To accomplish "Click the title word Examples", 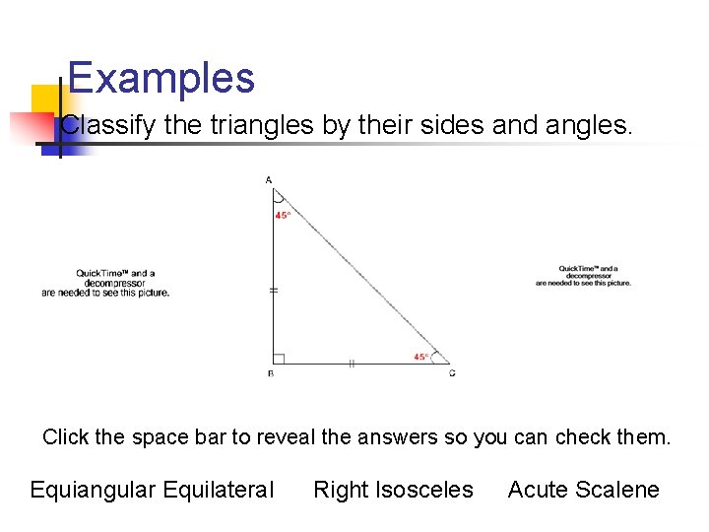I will pyautogui.click(x=161, y=79).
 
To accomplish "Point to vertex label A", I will pyautogui.click(x=269, y=180).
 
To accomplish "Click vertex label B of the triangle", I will pyautogui.click(x=271, y=374).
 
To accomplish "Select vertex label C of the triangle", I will pyautogui.click(x=452, y=374).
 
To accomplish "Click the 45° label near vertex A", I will pyautogui.click(x=283, y=215).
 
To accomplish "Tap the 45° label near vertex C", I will pyautogui.click(x=421, y=356).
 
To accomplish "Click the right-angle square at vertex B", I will pyautogui.click(x=280, y=359).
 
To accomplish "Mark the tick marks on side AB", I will pyautogui.click(x=274, y=290).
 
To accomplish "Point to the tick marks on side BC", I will pyautogui.click(x=351, y=364).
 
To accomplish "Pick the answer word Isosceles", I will pyautogui.click(x=425, y=491).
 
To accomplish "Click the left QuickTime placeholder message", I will pyautogui.click(x=105, y=283).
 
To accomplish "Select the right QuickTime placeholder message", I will pyautogui.click(x=583, y=276).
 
